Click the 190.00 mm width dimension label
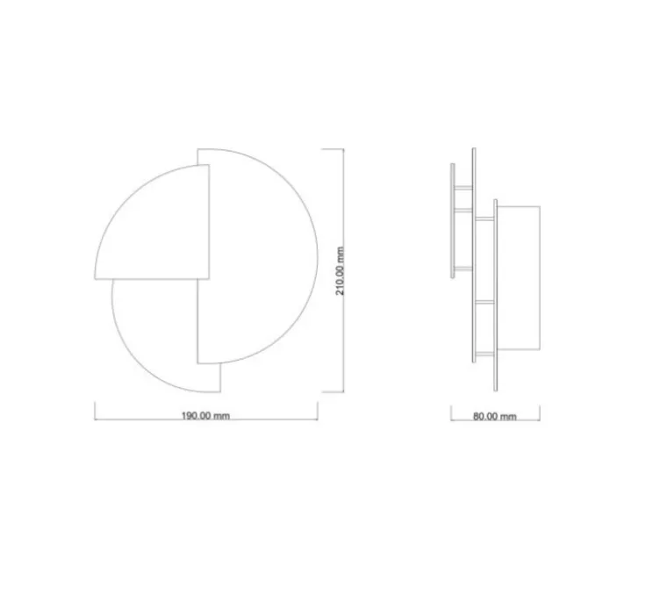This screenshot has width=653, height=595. click(x=205, y=416)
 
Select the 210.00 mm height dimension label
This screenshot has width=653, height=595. click(x=340, y=270)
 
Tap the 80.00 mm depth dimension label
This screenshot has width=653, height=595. click(x=495, y=417)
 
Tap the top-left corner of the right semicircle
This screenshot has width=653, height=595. click(x=197, y=149)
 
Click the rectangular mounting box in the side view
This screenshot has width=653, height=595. click(x=520, y=276)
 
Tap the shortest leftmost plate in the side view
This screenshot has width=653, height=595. click(x=452, y=219)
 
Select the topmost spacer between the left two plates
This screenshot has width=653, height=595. click(x=463, y=187)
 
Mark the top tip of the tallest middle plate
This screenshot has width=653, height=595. click(x=474, y=149)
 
